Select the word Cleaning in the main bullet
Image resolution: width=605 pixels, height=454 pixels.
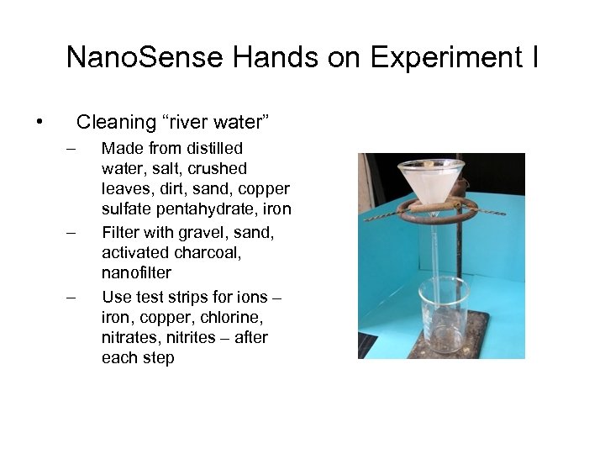[x=116, y=123]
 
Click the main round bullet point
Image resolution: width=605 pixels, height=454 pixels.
[x=39, y=123]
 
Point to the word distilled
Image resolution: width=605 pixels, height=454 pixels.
[x=215, y=149]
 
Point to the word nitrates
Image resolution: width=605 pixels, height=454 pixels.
[x=129, y=337]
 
